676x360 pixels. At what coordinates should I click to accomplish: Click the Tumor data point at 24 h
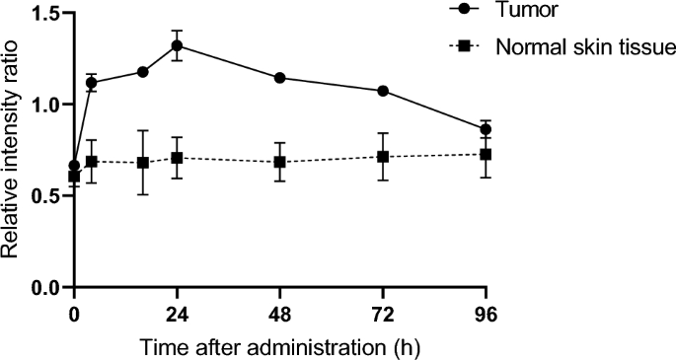(x=178, y=45)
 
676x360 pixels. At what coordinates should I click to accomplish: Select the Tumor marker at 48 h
(x=280, y=78)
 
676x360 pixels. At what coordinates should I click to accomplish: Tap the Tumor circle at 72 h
(x=383, y=91)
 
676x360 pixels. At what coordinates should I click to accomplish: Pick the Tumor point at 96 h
(x=486, y=129)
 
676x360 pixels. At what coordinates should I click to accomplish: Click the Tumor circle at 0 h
(x=74, y=166)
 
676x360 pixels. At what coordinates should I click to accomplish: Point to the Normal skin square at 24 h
(x=178, y=158)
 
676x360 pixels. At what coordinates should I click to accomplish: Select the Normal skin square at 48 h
(x=280, y=162)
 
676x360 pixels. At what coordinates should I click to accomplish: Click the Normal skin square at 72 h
(x=383, y=157)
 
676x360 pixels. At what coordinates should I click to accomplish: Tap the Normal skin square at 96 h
(x=486, y=154)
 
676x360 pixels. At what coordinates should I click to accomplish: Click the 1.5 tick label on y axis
(x=44, y=13)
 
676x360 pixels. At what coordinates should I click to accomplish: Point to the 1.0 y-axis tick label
(x=44, y=104)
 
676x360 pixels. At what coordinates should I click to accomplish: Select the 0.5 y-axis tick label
(x=44, y=195)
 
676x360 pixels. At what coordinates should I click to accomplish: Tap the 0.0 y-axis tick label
(x=44, y=287)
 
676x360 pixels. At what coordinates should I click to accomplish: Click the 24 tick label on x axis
(x=178, y=316)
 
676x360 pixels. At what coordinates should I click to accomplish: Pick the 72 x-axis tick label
(x=383, y=316)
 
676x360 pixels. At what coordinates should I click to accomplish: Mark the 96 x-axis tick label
(x=486, y=316)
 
